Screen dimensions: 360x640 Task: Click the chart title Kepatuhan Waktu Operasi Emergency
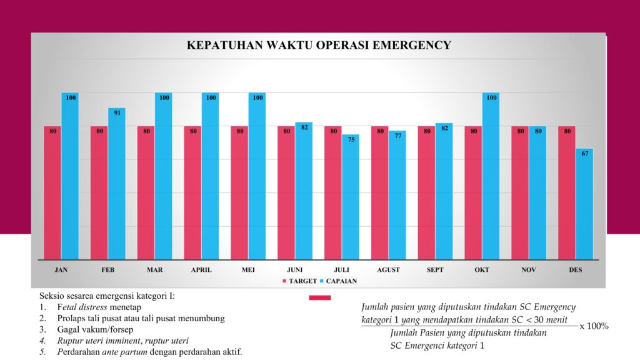[x=319, y=46]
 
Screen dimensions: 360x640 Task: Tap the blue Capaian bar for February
[x=117, y=184]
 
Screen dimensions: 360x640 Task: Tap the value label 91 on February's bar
[x=117, y=113]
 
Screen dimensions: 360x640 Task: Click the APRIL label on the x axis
[x=201, y=270]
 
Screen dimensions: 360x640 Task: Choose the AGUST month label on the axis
[x=389, y=270]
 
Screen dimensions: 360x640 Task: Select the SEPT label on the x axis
[x=435, y=270]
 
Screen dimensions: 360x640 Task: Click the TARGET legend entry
[x=302, y=281]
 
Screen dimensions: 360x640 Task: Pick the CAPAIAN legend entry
[x=341, y=281]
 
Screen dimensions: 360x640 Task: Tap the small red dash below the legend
[x=320, y=298]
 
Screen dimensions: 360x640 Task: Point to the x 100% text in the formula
[x=594, y=326]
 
